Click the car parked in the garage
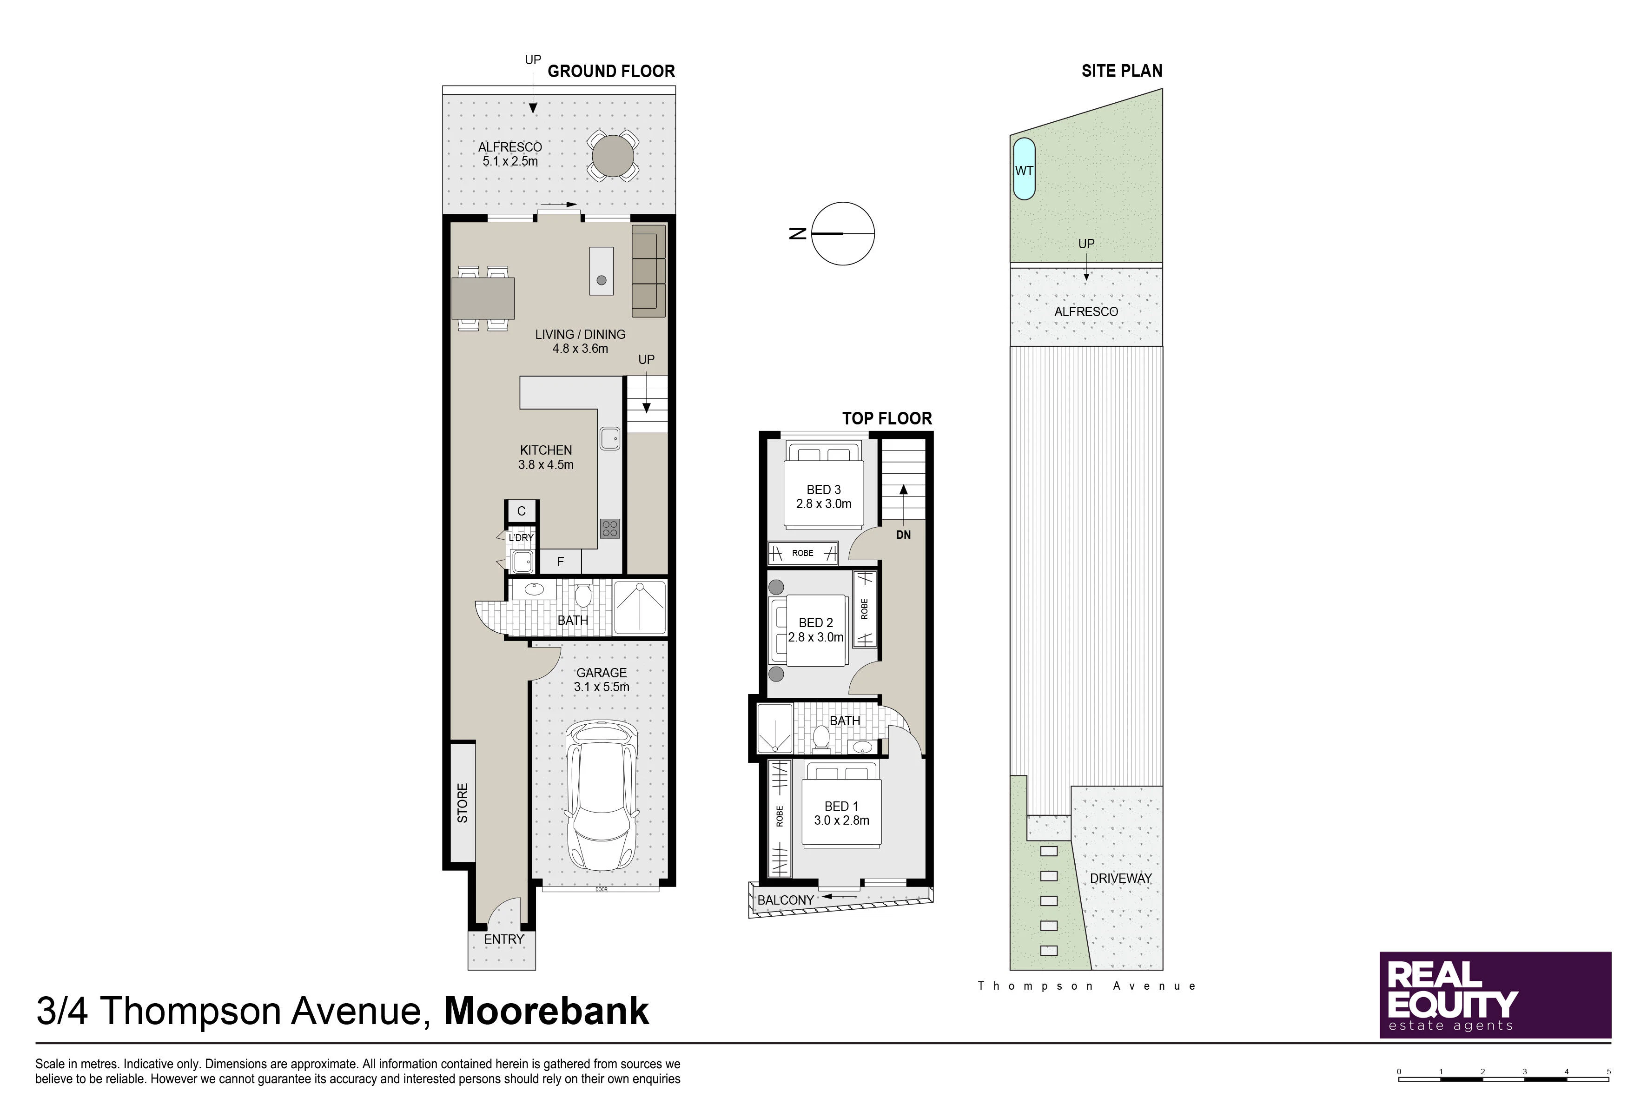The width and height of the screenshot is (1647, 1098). [x=602, y=797]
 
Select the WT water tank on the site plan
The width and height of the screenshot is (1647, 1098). [x=1024, y=169]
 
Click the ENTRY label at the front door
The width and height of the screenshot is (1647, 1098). [x=503, y=939]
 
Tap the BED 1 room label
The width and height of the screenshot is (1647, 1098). [x=841, y=806]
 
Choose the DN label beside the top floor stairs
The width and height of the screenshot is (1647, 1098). [x=903, y=535]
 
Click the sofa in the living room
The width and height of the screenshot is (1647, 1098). [x=648, y=271]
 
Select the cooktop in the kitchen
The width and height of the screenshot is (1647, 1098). [x=610, y=529]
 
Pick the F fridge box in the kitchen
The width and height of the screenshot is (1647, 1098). [x=560, y=562]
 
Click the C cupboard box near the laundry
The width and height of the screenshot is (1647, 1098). [x=521, y=511]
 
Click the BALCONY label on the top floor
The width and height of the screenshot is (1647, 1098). [x=786, y=900]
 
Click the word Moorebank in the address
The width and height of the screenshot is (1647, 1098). [x=546, y=1011]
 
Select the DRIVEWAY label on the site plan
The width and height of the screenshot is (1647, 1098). [x=1120, y=878]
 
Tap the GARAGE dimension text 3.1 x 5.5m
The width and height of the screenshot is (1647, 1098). [x=602, y=687]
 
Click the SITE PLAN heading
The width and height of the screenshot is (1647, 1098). [x=1122, y=71]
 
